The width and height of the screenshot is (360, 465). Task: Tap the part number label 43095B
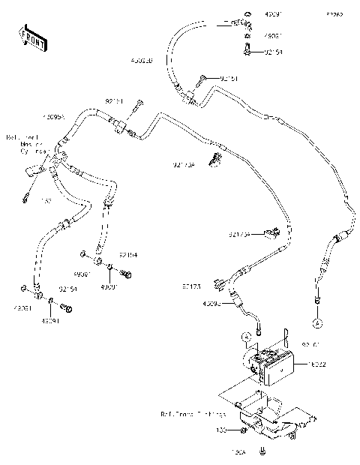142,61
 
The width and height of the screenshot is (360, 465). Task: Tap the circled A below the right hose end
317,322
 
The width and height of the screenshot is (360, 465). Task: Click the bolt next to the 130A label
262,451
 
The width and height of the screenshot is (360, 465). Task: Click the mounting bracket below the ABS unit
270,424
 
